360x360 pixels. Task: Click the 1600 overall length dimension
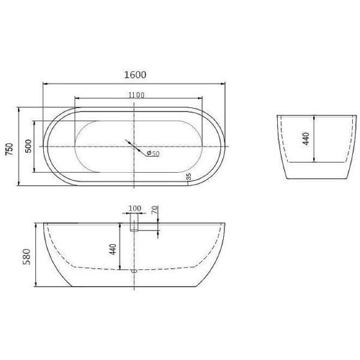coord(135,75)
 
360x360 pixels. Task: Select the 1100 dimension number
coord(136,95)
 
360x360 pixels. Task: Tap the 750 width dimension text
coord(10,149)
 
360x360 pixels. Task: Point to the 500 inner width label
coord(28,146)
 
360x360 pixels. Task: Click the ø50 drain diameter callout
coord(153,153)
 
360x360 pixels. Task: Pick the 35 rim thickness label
coord(188,177)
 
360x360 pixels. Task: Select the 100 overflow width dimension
coord(134,208)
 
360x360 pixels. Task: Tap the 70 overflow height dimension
coord(155,210)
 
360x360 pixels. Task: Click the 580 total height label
coord(26,256)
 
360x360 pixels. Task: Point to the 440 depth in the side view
coord(113,250)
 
